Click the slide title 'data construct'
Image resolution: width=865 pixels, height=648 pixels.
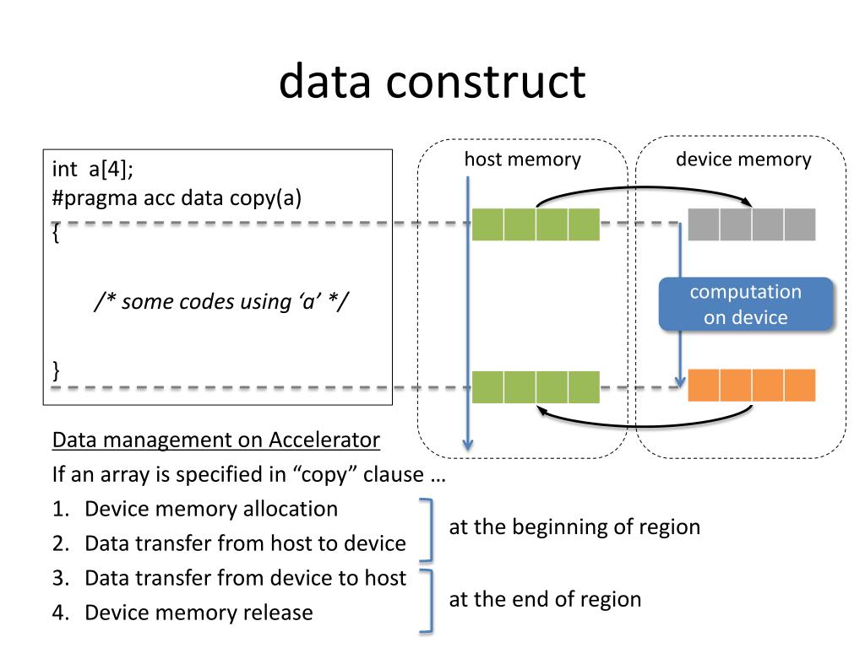(x=432, y=82)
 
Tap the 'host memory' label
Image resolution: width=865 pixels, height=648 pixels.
(x=522, y=159)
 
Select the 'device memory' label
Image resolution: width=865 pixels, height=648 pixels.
(x=743, y=159)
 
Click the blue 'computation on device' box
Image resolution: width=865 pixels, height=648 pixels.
(x=746, y=304)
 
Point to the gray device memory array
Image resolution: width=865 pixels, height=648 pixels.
(x=751, y=224)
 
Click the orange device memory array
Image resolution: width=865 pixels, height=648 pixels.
(x=751, y=385)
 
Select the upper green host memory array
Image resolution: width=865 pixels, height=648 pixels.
(x=535, y=224)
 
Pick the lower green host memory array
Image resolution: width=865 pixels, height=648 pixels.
(x=535, y=386)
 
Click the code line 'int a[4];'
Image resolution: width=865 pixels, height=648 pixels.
(x=93, y=169)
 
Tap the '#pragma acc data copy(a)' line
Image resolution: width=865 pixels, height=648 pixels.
(x=177, y=197)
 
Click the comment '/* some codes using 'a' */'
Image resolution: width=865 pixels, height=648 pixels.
(x=222, y=301)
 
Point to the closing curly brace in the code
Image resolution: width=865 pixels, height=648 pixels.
(x=56, y=370)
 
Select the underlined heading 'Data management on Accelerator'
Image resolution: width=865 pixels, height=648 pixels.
(x=215, y=440)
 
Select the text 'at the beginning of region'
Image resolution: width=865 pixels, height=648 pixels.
(x=574, y=526)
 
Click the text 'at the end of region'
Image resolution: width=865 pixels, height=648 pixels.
(x=545, y=599)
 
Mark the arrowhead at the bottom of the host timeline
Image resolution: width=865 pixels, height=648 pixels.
(x=468, y=445)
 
